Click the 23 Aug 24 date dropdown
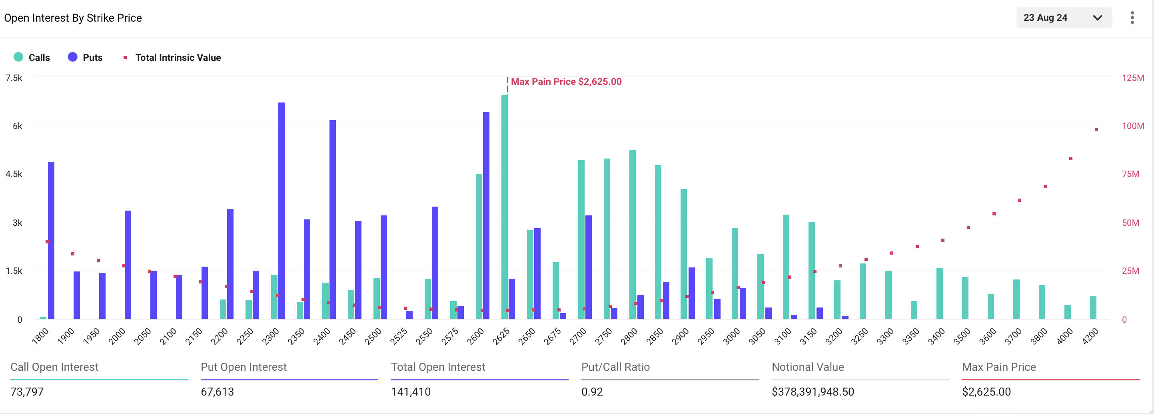pos(1064,18)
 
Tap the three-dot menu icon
pos(1132,18)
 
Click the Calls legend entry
pos(32,57)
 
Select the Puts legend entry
pos(85,57)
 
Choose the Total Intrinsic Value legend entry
pos(172,57)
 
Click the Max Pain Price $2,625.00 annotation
pos(566,82)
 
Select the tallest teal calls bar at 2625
pos(505,206)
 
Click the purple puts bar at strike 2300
pos(282,211)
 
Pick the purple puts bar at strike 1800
pos(51,240)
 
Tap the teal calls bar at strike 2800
pos(633,233)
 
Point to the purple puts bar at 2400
pos(332,220)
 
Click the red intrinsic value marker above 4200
pos(1096,130)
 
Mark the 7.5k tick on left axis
pos(14,78)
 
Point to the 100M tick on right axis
pos(1132,126)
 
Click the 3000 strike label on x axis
pos(732,336)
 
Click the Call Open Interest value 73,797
pos(27,392)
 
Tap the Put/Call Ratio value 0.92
pos(592,392)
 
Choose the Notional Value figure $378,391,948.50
pos(813,392)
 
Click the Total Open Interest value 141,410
pos(411,392)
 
